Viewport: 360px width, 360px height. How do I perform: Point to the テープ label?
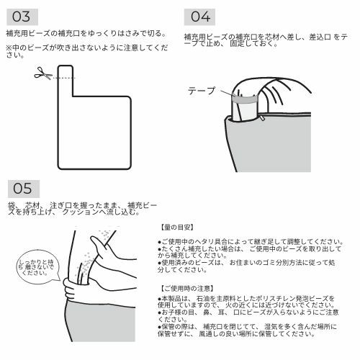[201, 91]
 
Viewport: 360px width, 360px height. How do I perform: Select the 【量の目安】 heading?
[178, 226]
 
